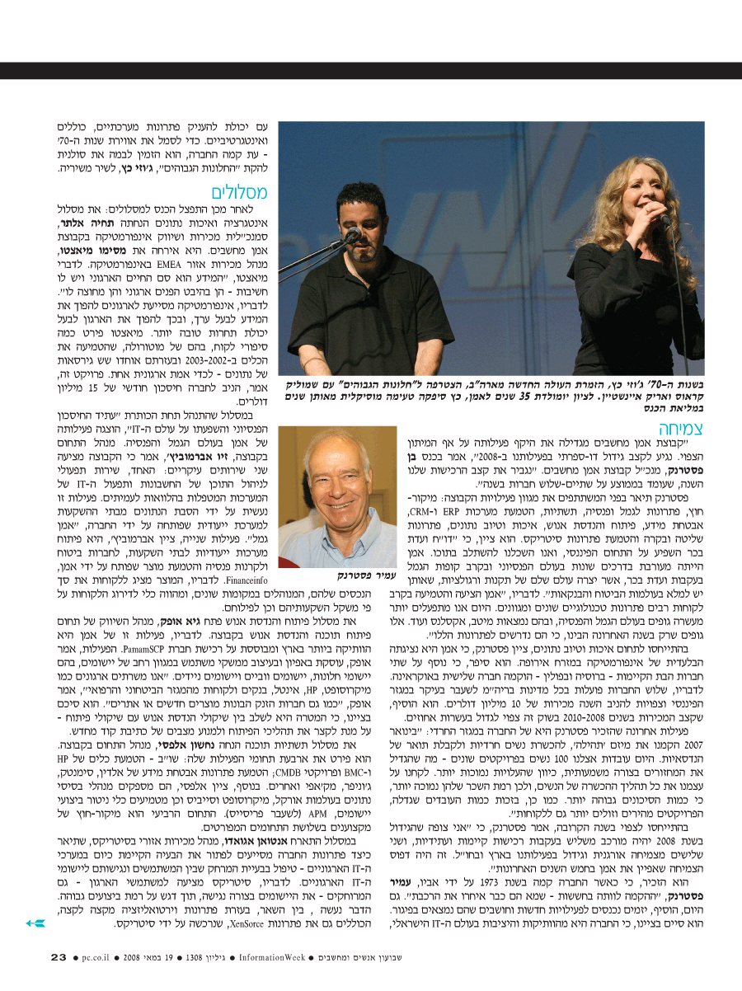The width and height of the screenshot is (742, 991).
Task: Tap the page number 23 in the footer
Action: (59, 957)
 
